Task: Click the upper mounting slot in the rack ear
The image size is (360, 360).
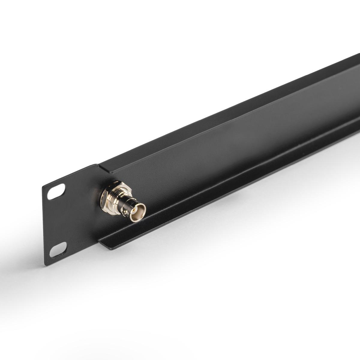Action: tap(56, 192)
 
